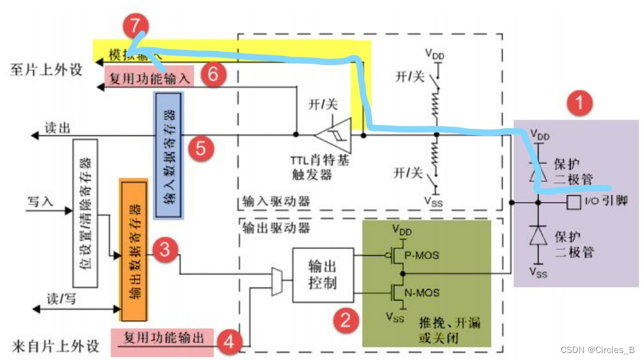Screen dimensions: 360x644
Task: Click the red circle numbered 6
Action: pyautogui.click(x=213, y=74)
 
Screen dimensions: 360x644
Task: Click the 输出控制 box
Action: pyautogui.click(x=323, y=275)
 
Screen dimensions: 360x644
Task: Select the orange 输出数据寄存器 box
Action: pyautogui.click(x=133, y=249)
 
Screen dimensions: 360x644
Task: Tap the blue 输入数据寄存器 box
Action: pyautogui.click(x=169, y=155)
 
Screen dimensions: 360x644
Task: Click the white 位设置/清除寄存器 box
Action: pyautogui.click(x=85, y=213)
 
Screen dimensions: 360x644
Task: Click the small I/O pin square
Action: pyautogui.click(x=573, y=203)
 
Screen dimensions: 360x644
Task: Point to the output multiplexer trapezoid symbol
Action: pyautogui.click(x=277, y=282)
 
